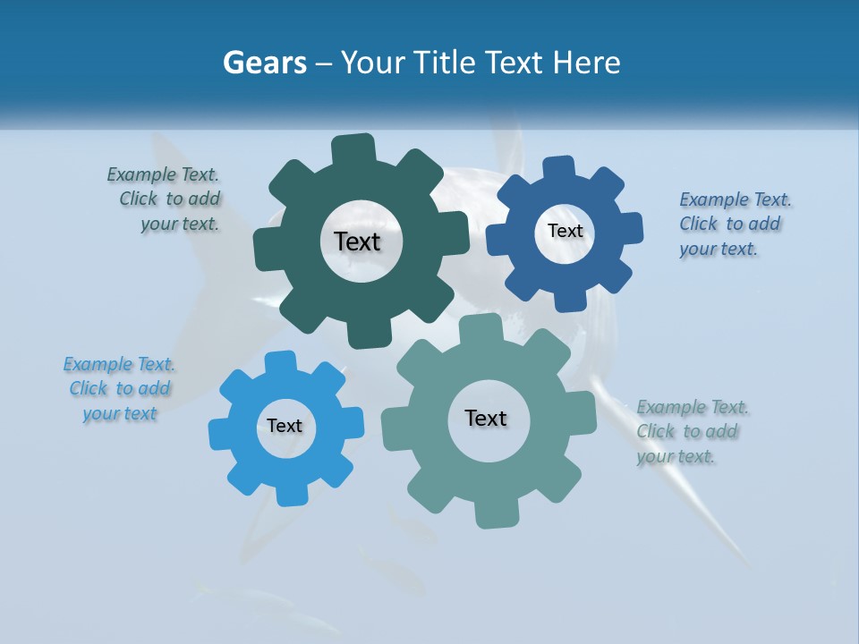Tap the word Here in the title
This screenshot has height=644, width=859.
coord(587,64)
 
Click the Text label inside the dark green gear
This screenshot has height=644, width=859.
coord(357,241)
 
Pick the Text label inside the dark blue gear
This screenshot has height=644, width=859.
coord(565,231)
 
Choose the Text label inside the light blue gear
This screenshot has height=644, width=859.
coord(285,427)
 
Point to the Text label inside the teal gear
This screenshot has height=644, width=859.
coord(486,418)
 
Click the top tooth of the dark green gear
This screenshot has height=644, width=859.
coord(353,149)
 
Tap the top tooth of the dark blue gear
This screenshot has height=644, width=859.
coord(559,169)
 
